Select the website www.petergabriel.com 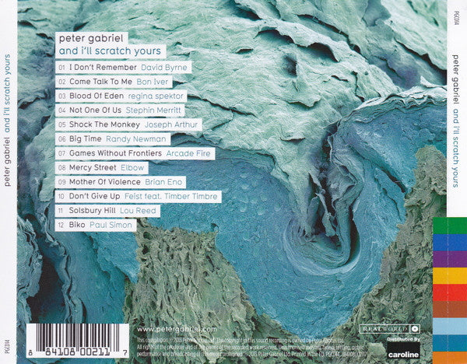point(176,331)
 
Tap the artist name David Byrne point(164,68)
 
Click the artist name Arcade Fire point(189,153)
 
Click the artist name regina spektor point(158,96)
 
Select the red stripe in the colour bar point(450,292)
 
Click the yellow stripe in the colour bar point(450,275)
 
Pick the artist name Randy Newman point(138,139)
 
